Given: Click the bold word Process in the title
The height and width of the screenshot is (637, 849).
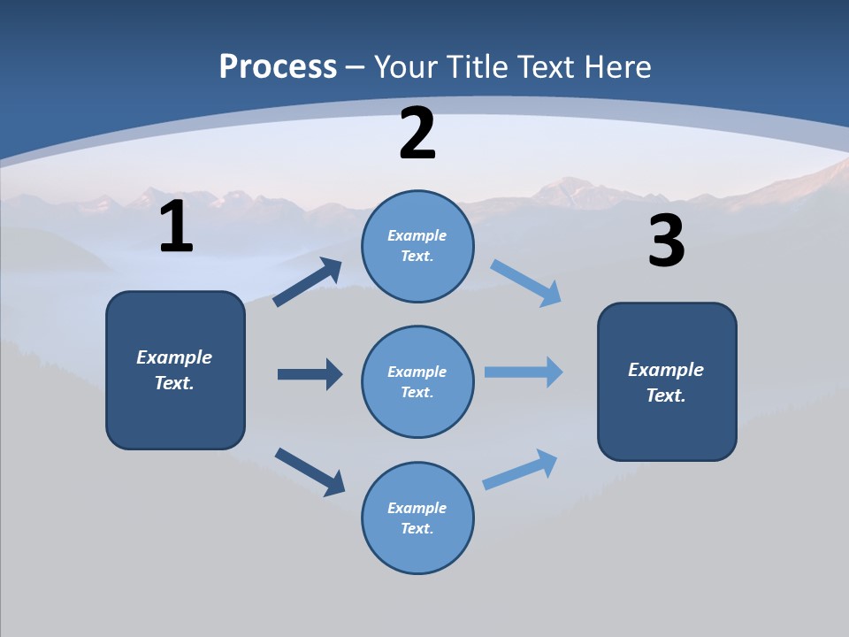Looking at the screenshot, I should [x=278, y=67].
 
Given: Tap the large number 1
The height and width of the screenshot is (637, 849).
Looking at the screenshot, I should [x=176, y=227].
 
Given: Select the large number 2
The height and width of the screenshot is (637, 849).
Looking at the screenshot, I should [x=417, y=134].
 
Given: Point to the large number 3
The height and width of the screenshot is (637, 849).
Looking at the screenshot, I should [x=666, y=242].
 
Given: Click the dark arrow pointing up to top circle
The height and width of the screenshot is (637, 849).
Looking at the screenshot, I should [x=308, y=282].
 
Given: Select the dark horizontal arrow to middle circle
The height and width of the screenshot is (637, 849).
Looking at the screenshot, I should [x=310, y=374].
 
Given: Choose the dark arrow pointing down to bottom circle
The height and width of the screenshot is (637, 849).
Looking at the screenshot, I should [x=310, y=472].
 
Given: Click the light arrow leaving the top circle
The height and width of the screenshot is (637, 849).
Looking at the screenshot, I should [x=526, y=282].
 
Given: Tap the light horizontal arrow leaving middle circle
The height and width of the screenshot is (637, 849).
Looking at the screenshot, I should [x=524, y=372].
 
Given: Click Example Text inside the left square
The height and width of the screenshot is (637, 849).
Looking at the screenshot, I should [x=174, y=370].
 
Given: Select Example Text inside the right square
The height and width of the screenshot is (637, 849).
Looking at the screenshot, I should [x=666, y=382].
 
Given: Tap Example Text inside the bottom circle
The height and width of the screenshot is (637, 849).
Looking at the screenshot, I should [x=417, y=518].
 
